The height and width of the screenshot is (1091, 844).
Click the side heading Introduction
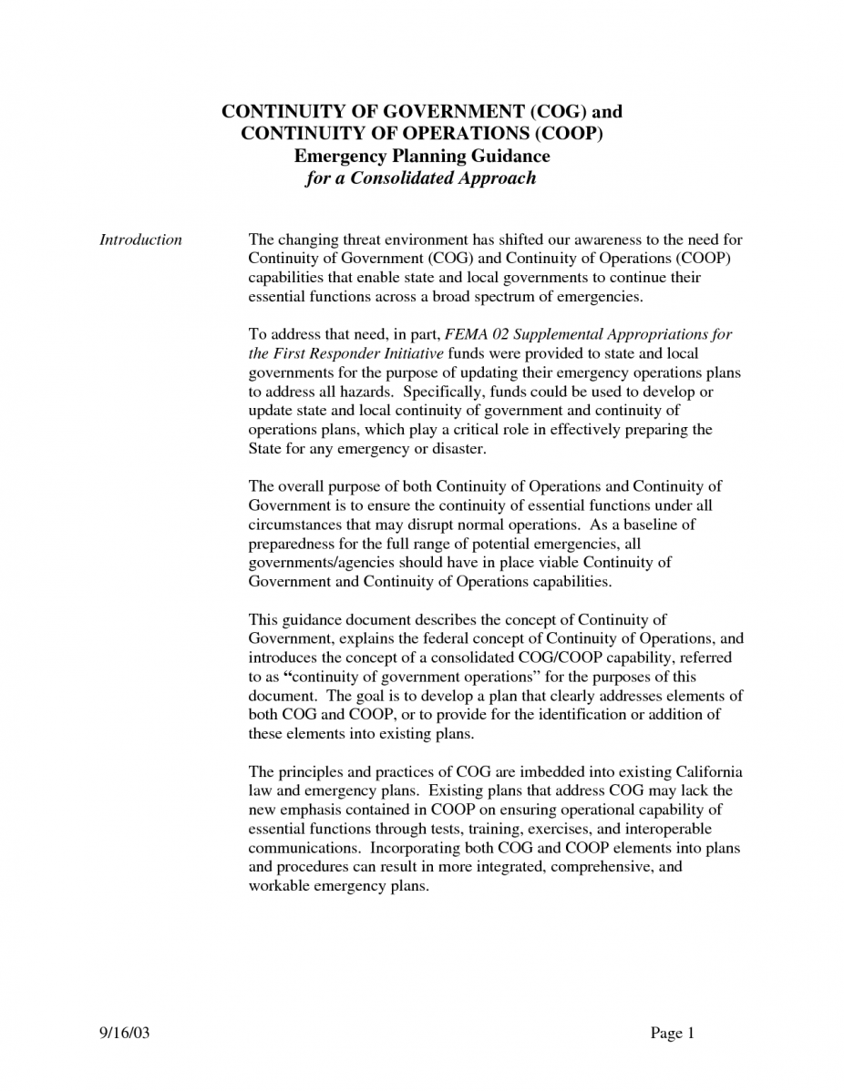(x=140, y=240)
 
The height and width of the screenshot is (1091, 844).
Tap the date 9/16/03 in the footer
(x=123, y=1033)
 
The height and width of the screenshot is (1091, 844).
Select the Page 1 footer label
(x=673, y=1033)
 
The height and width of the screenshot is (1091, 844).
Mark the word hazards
(x=364, y=392)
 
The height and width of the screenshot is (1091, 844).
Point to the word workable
(x=279, y=885)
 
